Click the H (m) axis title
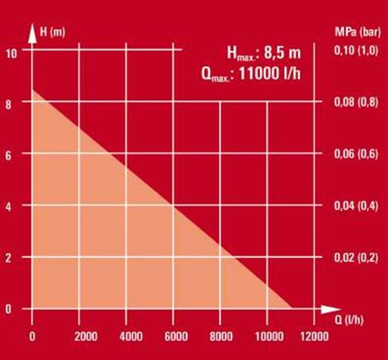tap(52, 33)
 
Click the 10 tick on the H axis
tap(11, 53)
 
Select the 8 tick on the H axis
tap(8, 104)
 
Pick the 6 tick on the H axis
tap(8, 155)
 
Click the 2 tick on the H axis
tap(8, 258)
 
